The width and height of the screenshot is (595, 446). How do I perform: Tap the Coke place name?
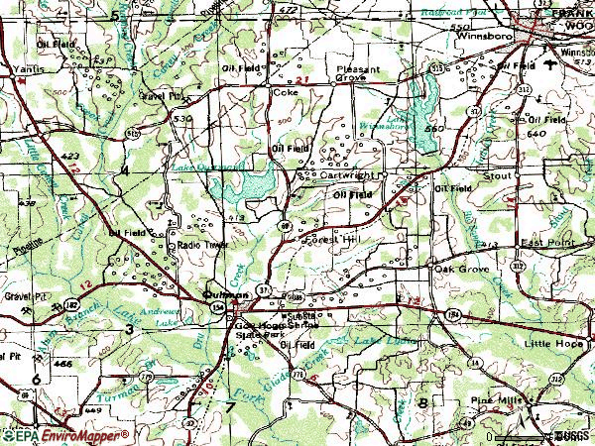pyautogui.click(x=285, y=92)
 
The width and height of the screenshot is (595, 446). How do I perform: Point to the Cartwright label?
pyautogui.click(x=346, y=175)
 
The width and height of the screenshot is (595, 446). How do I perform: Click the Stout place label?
pyautogui.click(x=497, y=175)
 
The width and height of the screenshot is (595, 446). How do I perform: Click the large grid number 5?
pyautogui.click(x=115, y=17)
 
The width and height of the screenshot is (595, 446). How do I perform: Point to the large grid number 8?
pyautogui.click(x=422, y=403)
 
